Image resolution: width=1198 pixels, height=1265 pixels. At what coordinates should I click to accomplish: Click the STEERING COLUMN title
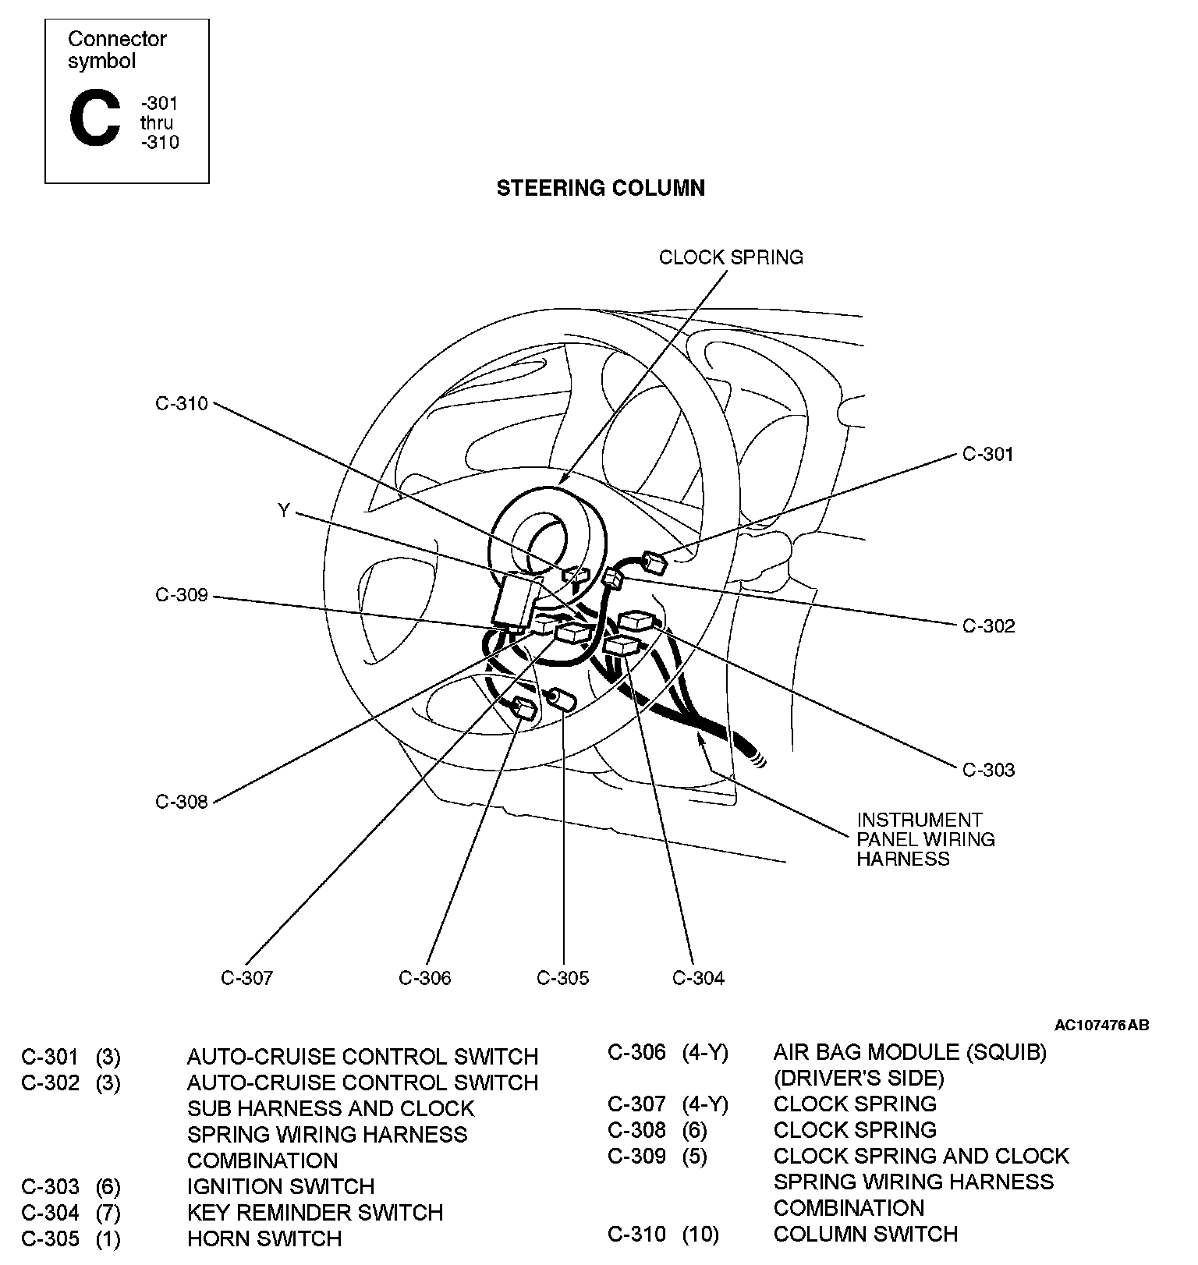pyautogui.click(x=601, y=188)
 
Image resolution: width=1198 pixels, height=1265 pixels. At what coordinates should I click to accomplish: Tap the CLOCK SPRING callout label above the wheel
pyautogui.click(x=731, y=257)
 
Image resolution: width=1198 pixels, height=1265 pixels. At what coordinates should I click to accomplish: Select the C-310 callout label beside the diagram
pyautogui.click(x=182, y=403)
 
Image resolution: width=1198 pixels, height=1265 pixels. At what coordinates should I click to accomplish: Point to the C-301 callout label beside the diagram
pyautogui.click(x=988, y=454)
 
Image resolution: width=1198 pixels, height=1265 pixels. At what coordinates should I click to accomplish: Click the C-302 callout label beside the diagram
pyautogui.click(x=988, y=626)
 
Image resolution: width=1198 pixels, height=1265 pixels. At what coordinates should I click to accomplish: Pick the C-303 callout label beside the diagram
pyautogui.click(x=988, y=771)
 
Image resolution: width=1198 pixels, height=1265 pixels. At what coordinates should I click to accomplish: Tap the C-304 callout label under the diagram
pyautogui.click(x=698, y=978)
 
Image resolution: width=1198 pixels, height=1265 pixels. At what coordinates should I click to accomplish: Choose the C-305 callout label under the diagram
pyautogui.click(x=562, y=978)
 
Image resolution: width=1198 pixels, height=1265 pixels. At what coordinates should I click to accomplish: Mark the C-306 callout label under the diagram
pyautogui.click(x=424, y=978)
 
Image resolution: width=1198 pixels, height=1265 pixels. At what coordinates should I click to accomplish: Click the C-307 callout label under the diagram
pyautogui.click(x=246, y=978)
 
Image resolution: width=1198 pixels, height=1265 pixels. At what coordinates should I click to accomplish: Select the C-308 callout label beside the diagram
pyautogui.click(x=182, y=802)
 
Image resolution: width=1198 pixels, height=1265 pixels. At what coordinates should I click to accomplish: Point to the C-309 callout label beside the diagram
pyautogui.click(x=182, y=596)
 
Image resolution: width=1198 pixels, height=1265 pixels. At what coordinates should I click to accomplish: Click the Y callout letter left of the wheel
pyautogui.click(x=284, y=511)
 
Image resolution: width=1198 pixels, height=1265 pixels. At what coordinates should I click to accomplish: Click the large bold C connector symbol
pyautogui.click(x=95, y=120)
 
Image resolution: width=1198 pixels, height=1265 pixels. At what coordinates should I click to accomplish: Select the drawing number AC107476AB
pyautogui.click(x=1101, y=1025)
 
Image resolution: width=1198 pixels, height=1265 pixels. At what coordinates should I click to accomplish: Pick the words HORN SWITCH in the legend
pyautogui.click(x=264, y=1238)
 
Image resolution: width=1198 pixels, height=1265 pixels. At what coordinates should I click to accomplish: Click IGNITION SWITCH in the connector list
pyautogui.click(x=281, y=1186)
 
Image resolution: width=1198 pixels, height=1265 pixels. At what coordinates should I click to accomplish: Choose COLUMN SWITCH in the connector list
pyautogui.click(x=866, y=1234)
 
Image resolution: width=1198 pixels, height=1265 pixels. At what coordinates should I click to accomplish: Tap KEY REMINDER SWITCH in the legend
pyautogui.click(x=315, y=1213)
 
